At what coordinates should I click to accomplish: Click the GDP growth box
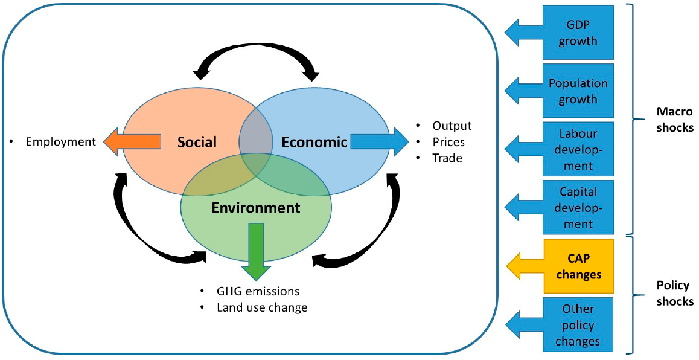tap(578, 33)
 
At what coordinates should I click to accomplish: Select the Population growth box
tap(578, 91)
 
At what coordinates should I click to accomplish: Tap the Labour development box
tap(578, 149)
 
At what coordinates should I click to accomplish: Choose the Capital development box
tap(578, 208)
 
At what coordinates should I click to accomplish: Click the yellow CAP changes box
tap(578, 266)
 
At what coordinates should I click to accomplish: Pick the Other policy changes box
tap(578, 325)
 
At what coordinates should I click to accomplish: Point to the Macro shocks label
tap(675, 120)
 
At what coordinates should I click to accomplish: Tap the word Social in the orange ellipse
tap(197, 143)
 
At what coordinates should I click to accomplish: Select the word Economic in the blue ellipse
tap(314, 143)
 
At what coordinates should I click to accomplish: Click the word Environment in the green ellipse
tap(255, 208)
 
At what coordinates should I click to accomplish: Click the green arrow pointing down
tap(256, 251)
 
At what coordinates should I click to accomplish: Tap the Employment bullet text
tap(60, 142)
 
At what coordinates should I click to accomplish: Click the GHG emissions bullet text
tap(258, 291)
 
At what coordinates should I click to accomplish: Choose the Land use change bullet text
tap(262, 307)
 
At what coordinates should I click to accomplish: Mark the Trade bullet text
tap(447, 158)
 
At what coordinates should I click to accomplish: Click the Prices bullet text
tap(448, 143)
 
